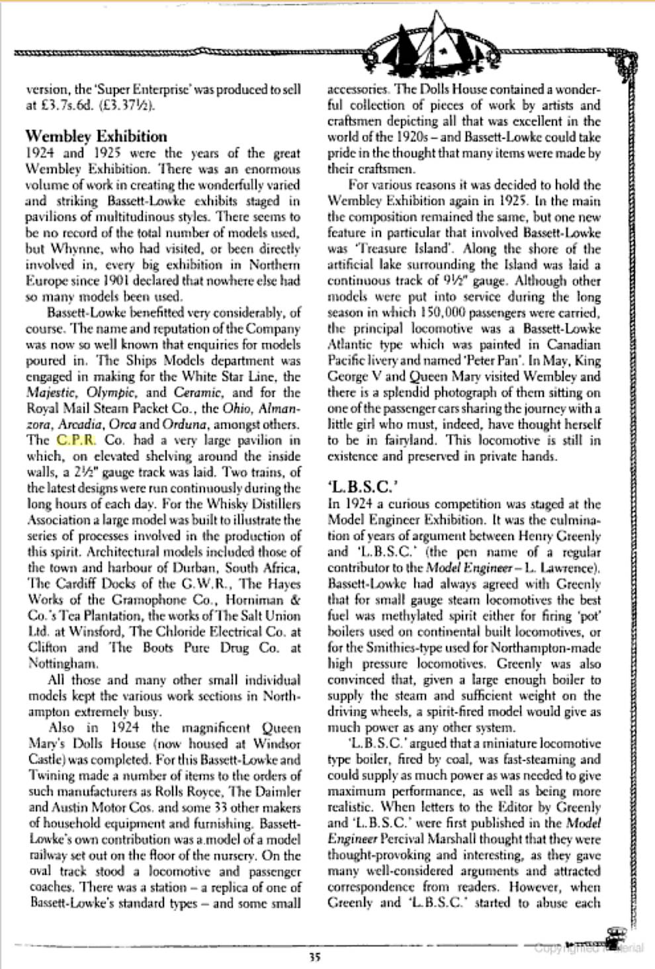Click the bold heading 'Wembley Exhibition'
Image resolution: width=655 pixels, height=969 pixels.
[96, 137]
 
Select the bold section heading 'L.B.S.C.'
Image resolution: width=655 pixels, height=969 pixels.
[363, 487]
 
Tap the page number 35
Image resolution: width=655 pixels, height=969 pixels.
[314, 956]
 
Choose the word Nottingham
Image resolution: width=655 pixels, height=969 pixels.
[64, 663]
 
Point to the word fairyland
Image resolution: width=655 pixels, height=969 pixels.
[392, 440]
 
